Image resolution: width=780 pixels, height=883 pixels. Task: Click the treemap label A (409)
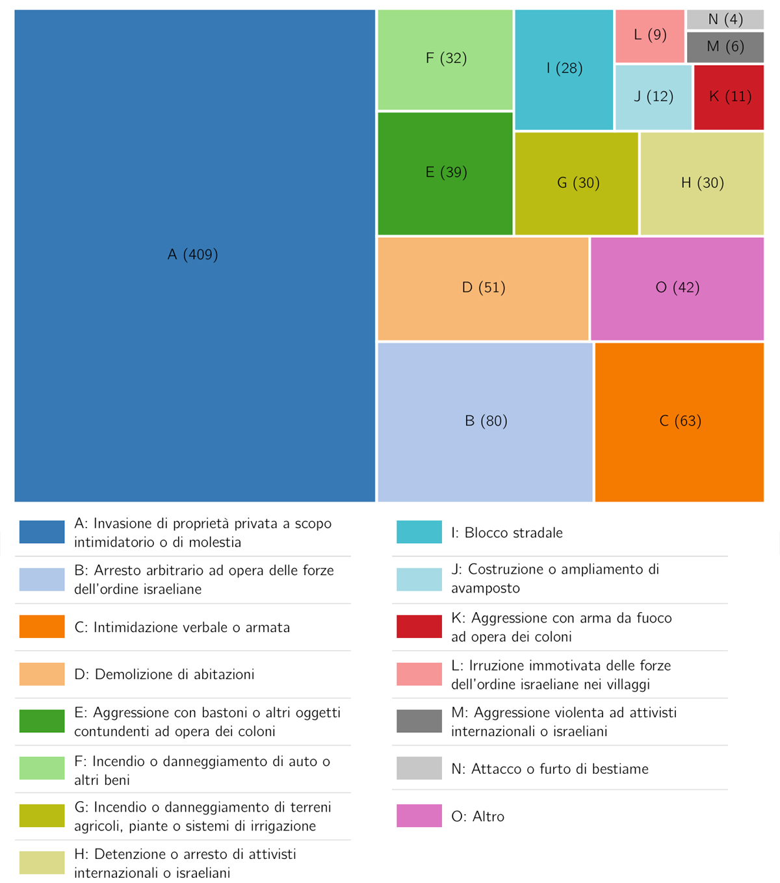tap(192, 255)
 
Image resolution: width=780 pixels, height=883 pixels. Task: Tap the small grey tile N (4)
tap(725, 19)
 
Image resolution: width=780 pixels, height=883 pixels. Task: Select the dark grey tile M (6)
tap(725, 47)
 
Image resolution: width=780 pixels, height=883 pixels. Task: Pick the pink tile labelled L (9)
tap(649, 35)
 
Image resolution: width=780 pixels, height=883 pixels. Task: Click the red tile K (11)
tap(729, 97)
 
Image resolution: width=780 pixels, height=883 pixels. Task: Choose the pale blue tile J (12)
tap(653, 97)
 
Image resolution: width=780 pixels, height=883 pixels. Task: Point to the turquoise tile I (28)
tap(564, 69)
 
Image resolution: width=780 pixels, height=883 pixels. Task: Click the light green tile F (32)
tap(445, 58)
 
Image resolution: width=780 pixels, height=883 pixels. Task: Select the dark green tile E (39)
tap(445, 173)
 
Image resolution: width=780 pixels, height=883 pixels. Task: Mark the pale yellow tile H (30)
tap(702, 183)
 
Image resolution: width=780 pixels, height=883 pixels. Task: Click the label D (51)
tap(484, 288)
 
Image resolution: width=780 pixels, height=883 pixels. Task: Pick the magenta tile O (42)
tap(677, 288)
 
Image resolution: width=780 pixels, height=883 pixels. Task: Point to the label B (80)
tap(486, 421)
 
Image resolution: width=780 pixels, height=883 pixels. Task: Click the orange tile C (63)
tap(679, 421)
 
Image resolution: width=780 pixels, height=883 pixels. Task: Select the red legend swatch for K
tap(419, 626)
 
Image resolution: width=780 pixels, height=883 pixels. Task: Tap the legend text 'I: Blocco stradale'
tap(507, 533)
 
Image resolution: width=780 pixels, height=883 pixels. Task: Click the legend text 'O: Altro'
tap(478, 817)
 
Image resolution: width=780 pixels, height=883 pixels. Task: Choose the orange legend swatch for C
tap(42, 626)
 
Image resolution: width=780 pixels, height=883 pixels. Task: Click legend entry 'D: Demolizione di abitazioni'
tap(164, 674)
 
